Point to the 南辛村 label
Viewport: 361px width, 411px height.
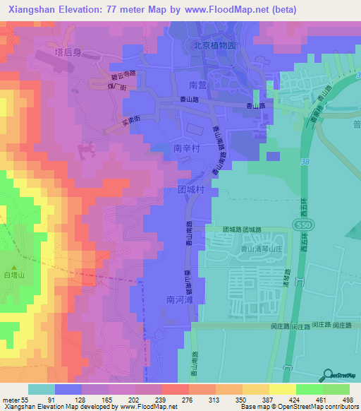pos(188,149)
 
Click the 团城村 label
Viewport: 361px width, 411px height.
pos(190,190)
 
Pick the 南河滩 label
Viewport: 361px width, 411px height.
pos(180,299)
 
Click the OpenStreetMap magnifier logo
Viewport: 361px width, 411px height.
pos(328,376)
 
